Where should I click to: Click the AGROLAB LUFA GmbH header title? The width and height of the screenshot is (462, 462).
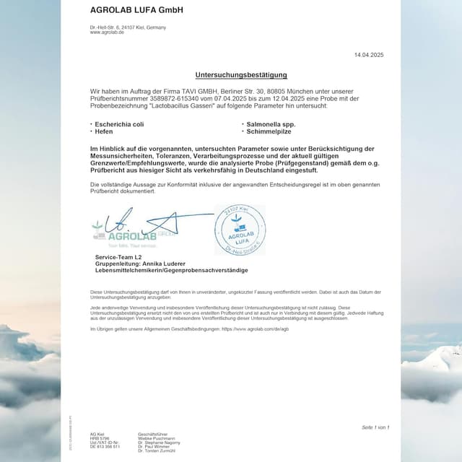coord(136,10)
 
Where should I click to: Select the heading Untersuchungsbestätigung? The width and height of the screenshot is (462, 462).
coord(241,75)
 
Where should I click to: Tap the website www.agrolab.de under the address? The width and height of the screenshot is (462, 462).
coord(107,32)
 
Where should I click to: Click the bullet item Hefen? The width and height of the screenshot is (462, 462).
coord(105,132)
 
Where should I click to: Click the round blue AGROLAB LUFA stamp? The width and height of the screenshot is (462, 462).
coord(240,230)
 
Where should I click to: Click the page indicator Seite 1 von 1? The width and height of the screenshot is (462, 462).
coord(375,427)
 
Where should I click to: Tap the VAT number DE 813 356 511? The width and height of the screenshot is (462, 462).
coord(105,447)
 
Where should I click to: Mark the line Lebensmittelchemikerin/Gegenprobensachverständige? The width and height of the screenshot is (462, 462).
coord(171,270)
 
